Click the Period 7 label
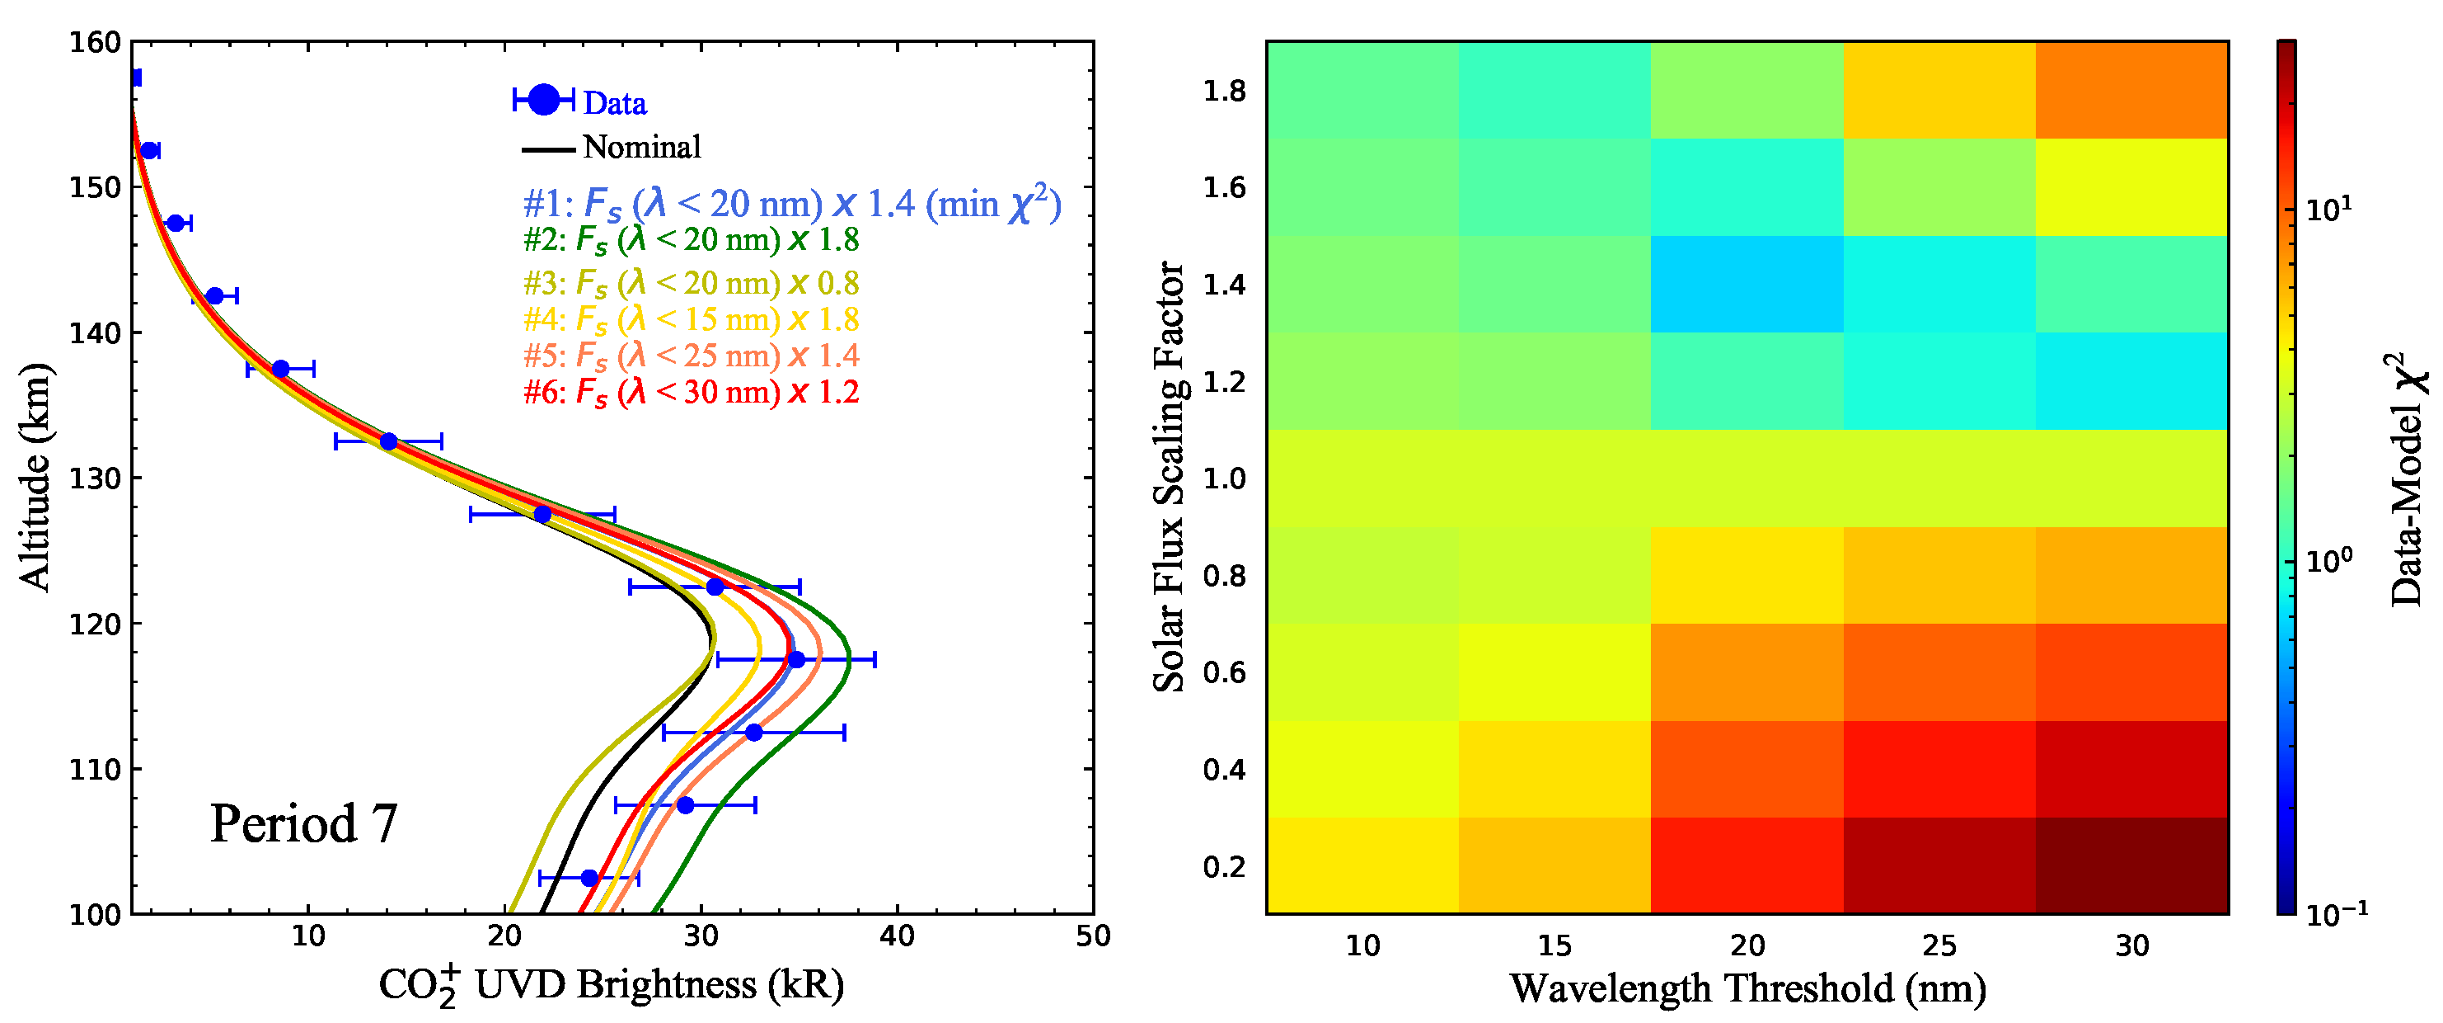[x=303, y=823]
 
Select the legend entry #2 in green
[x=692, y=240]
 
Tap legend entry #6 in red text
[x=692, y=392]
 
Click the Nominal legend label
[x=642, y=147]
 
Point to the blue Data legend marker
[x=543, y=99]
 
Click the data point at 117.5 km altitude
[x=797, y=659]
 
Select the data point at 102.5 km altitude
[x=590, y=878]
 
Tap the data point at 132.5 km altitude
[x=389, y=441]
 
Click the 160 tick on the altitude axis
[x=95, y=43]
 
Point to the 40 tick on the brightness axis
[x=897, y=936]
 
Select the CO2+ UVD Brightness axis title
[x=612, y=985]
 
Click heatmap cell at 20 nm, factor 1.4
[x=1747, y=284]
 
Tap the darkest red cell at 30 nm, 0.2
[x=2132, y=865]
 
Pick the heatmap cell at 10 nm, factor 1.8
[x=1362, y=90]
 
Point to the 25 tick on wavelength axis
[x=1939, y=945]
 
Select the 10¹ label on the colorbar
[x=2329, y=209]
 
